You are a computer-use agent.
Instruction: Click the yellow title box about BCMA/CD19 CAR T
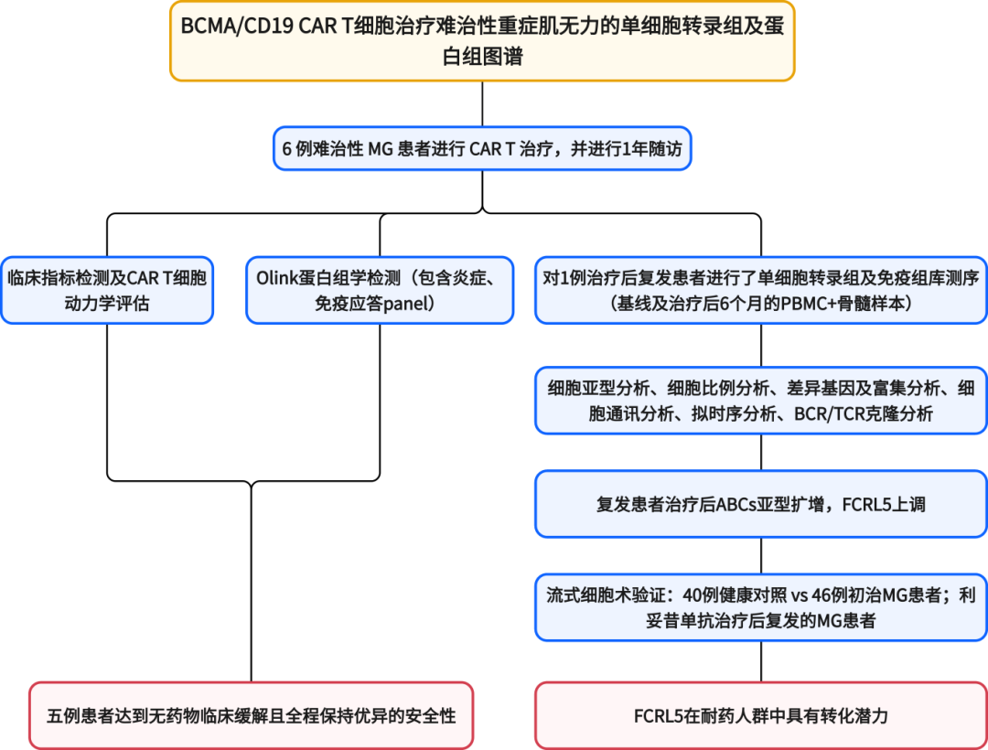(482, 41)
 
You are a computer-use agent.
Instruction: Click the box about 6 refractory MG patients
(482, 149)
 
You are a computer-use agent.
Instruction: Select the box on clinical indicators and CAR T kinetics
(107, 290)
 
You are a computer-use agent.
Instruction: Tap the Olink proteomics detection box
(380, 290)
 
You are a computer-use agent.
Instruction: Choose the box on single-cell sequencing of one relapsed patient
(761, 290)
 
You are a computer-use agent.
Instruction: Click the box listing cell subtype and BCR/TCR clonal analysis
(761, 401)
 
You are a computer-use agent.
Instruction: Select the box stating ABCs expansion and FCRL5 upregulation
(761, 504)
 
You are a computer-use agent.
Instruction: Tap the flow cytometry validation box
(761, 607)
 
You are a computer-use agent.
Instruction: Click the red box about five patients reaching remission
(251, 715)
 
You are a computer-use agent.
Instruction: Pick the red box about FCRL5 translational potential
(761, 715)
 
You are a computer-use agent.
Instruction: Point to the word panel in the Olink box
(410, 304)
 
